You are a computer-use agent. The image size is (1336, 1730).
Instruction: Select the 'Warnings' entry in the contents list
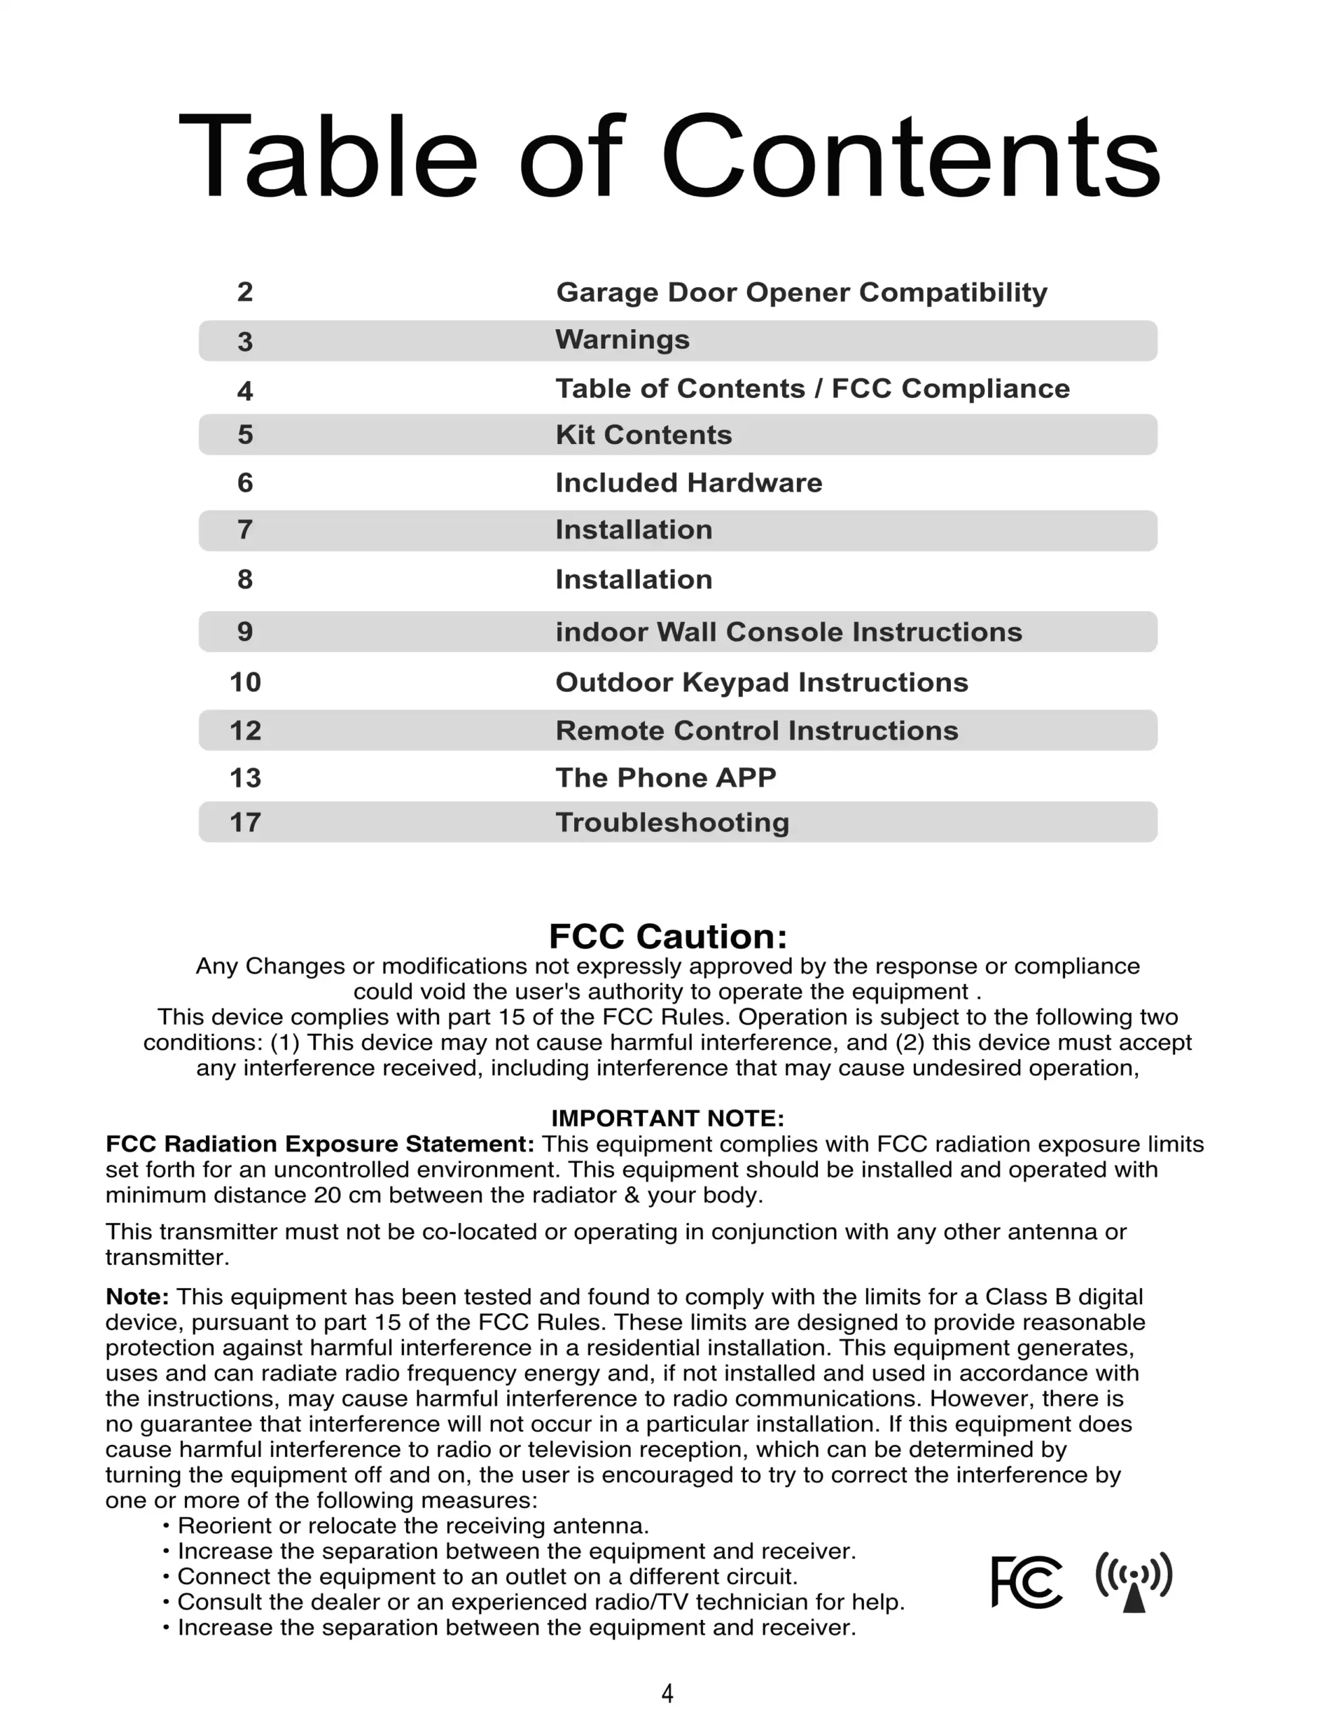tap(623, 340)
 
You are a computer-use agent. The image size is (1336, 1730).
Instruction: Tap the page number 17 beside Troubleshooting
tap(245, 822)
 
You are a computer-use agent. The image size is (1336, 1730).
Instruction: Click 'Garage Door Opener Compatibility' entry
tap(802, 293)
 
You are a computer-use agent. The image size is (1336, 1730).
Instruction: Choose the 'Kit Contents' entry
tap(643, 435)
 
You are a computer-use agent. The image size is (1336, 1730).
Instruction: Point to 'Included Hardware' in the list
tap(688, 483)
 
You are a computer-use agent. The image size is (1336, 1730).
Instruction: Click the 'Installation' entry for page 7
tap(634, 530)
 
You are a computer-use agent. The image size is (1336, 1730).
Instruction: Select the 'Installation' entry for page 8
tap(634, 579)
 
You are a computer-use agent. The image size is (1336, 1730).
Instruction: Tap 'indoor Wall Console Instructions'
tap(789, 632)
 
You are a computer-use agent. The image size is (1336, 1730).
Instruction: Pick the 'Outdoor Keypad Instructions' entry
tap(762, 682)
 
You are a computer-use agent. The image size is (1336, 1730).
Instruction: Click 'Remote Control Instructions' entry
tap(756, 731)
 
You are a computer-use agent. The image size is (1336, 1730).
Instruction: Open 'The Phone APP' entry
tap(665, 778)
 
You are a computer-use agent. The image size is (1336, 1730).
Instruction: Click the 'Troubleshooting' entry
tap(672, 822)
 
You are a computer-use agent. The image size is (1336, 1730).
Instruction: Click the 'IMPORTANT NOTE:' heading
tap(667, 1118)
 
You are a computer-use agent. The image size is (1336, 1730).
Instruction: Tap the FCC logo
tap(1027, 1582)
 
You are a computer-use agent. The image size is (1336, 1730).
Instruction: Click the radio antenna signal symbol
tap(1134, 1581)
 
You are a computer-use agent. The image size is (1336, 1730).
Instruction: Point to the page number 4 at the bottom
tap(667, 1693)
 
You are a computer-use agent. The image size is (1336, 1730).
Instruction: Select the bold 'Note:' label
tap(137, 1297)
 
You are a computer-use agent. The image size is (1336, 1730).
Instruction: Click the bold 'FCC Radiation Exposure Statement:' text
tap(320, 1144)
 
